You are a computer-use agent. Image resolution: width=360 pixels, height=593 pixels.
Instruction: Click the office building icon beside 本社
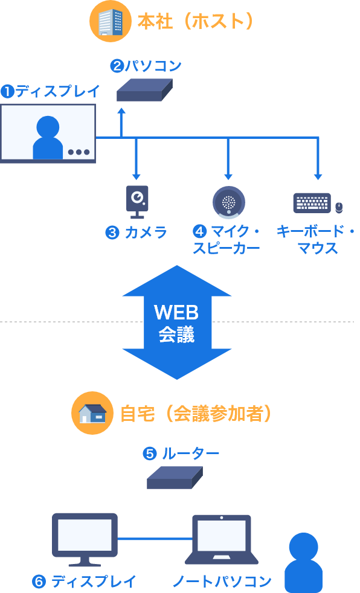[x=110, y=21]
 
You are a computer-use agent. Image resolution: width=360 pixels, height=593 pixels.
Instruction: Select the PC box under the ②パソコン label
[x=144, y=90]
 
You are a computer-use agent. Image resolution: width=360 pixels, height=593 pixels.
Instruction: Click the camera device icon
[x=137, y=201]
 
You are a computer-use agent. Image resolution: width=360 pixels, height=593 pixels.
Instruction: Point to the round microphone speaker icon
[x=228, y=202]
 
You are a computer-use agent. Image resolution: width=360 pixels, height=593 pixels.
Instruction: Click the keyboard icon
[x=312, y=203]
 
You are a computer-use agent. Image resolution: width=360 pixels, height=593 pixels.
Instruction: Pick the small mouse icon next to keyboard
[x=339, y=207]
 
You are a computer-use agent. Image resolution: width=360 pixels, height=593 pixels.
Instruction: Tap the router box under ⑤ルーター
[x=175, y=478]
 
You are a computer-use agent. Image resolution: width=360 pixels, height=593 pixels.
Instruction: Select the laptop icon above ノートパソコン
[x=221, y=539]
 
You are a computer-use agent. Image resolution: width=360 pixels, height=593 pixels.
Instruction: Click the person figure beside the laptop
[x=303, y=562]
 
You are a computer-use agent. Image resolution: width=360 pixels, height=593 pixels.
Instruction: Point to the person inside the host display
[x=48, y=138]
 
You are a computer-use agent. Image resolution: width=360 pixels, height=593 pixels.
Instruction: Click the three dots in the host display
[x=79, y=152]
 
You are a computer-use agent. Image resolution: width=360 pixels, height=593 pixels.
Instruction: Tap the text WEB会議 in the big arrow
[x=176, y=323]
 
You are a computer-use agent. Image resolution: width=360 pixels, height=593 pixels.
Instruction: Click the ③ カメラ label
[x=137, y=232]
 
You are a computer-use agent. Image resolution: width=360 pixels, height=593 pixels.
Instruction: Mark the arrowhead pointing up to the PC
[x=121, y=112]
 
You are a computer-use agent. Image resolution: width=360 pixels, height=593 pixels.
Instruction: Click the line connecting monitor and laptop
[x=155, y=538]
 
